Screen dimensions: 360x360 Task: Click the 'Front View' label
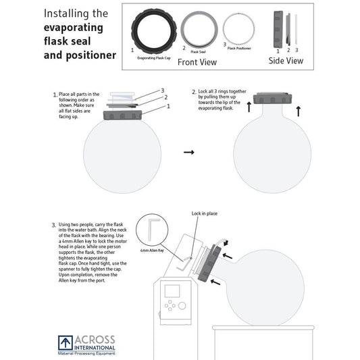(x=197, y=62)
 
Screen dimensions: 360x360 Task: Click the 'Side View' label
(x=286, y=61)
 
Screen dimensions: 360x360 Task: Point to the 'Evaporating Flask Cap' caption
(x=155, y=58)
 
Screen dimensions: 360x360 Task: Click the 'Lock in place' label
(x=204, y=213)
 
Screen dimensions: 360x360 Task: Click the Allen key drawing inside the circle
(x=153, y=230)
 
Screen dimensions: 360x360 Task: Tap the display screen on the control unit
(x=172, y=292)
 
